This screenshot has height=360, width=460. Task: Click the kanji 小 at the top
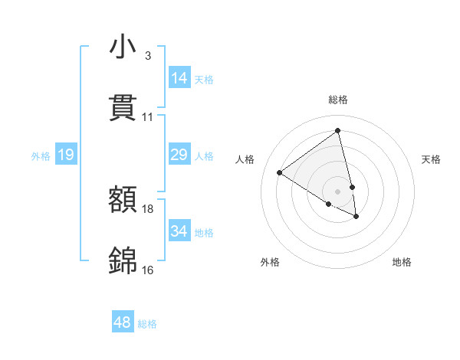[x=123, y=47]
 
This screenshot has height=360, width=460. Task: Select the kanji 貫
[x=123, y=108]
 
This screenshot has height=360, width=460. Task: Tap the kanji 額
[x=123, y=200]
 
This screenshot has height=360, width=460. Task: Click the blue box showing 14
[x=179, y=78]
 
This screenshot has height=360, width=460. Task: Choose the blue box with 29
[x=179, y=155]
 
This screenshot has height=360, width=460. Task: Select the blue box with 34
[x=179, y=231]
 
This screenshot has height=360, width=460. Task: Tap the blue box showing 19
[x=66, y=155]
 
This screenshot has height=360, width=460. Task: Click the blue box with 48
[x=123, y=322]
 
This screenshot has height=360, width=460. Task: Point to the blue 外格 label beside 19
[x=41, y=156]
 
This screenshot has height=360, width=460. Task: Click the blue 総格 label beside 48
[x=147, y=324]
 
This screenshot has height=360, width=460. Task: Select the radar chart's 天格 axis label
[x=431, y=159]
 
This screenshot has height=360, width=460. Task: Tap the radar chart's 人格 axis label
[x=245, y=159]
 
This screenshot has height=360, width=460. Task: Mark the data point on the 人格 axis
[x=279, y=172]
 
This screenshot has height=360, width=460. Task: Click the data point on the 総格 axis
[x=337, y=131]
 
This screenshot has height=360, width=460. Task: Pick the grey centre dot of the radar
[x=337, y=191]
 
